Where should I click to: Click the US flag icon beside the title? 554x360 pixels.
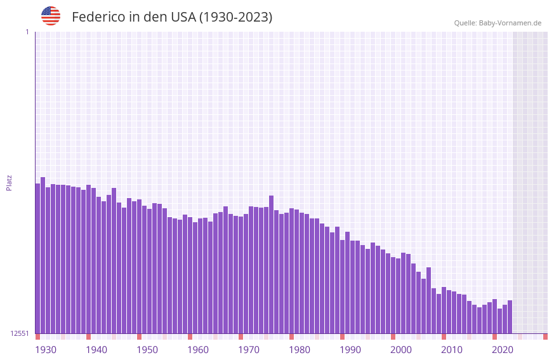(51, 16)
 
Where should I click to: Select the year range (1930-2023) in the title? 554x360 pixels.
(235, 17)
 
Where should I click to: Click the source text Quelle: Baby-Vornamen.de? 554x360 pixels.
(498, 23)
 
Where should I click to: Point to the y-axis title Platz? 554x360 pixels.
(9, 182)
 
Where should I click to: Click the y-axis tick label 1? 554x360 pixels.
(27, 32)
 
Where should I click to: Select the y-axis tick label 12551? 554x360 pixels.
(19, 333)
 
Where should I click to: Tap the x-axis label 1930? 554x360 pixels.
(46, 350)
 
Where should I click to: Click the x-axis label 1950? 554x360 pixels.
(147, 350)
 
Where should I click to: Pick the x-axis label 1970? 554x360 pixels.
(249, 350)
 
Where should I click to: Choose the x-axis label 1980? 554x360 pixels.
(300, 350)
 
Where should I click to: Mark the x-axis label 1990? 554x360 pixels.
(350, 350)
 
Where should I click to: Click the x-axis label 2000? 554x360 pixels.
(401, 350)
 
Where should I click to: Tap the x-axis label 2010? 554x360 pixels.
(452, 350)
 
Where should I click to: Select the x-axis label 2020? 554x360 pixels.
(503, 350)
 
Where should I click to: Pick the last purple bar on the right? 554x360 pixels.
(510, 317)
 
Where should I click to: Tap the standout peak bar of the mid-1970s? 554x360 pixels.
(272, 264)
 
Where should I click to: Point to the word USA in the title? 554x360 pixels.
(183, 17)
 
